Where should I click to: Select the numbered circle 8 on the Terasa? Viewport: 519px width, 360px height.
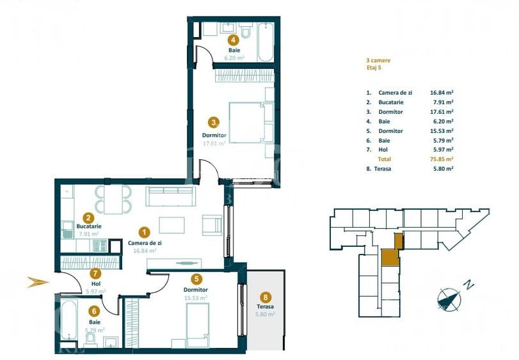[266, 297]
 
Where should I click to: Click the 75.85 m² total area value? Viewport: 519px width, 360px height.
[442, 159]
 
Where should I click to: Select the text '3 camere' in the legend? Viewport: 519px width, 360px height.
[378, 61]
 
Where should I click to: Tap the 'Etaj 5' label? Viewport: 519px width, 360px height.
[373, 68]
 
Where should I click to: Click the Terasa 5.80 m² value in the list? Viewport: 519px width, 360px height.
[442, 169]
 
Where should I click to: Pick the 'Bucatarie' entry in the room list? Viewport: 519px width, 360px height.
[390, 102]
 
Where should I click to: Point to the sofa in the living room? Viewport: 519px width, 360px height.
[172, 196]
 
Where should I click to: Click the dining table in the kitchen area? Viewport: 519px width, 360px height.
[113, 198]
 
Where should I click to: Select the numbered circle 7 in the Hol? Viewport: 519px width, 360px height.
[95, 272]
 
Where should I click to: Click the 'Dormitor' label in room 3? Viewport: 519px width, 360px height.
[214, 136]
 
